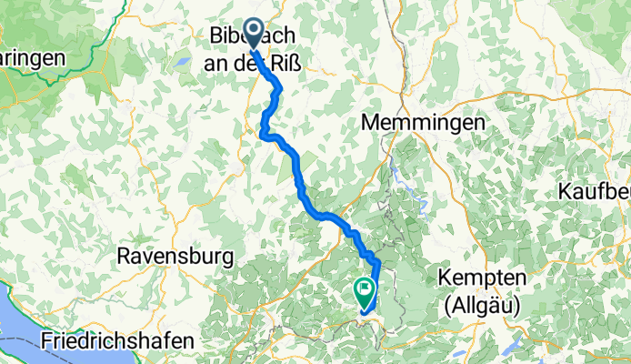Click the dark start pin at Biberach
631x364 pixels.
point(254,35)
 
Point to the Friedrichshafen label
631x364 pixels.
point(117,341)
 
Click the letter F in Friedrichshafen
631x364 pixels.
point(47,341)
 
